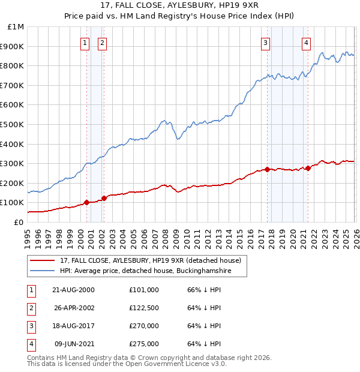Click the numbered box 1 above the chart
click(85, 43)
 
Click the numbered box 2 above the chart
click(103, 43)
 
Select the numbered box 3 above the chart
click(265, 43)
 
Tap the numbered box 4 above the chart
click(307, 43)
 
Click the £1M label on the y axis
click(16, 27)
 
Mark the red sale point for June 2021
click(308, 168)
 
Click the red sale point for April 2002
click(104, 198)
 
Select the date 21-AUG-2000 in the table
click(74, 290)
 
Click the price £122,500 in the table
click(144, 308)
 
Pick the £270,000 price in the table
click(144, 326)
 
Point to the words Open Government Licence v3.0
click(176, 364)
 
